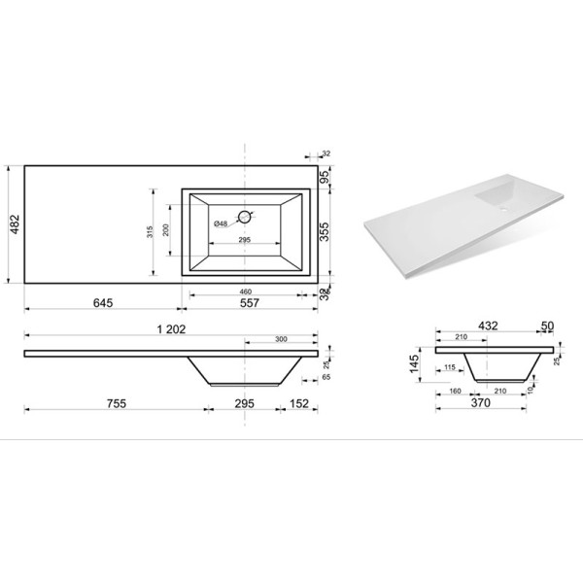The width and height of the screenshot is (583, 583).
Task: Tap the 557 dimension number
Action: click(252, 303)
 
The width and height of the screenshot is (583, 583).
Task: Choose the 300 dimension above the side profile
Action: click(281, 340)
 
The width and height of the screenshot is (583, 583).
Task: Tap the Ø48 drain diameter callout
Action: click(221, 224)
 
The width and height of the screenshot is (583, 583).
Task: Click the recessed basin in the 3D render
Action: click(501, 195)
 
